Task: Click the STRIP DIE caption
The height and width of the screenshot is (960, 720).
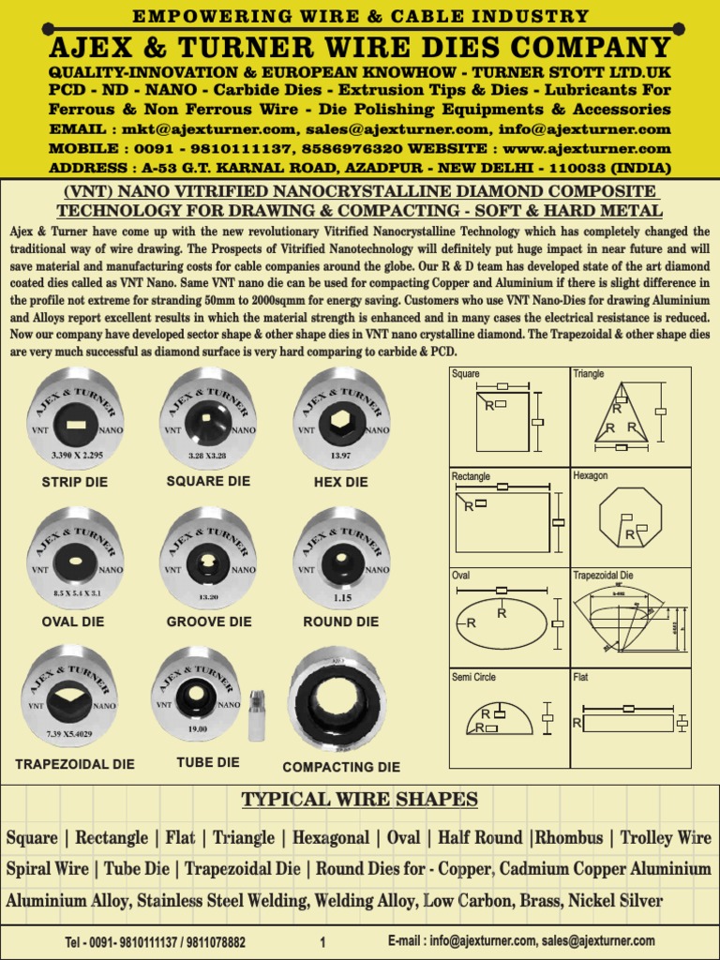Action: [75, 482]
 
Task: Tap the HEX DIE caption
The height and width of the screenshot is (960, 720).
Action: [341, 482]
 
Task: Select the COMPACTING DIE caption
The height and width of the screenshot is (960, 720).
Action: [341, 767]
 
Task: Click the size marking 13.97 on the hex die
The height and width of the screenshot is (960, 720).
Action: [340, 456]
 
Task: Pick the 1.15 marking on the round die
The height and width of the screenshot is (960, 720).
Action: [341, 596]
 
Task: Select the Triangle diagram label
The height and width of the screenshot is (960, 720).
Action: [589, 374]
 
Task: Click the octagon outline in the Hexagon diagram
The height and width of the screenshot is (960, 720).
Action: [630, 517]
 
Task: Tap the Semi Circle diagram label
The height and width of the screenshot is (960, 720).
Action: [474, 677]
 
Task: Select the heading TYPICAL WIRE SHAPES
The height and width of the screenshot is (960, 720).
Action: [360, 800]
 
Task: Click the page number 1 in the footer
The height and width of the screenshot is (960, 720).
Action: [322, 942]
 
